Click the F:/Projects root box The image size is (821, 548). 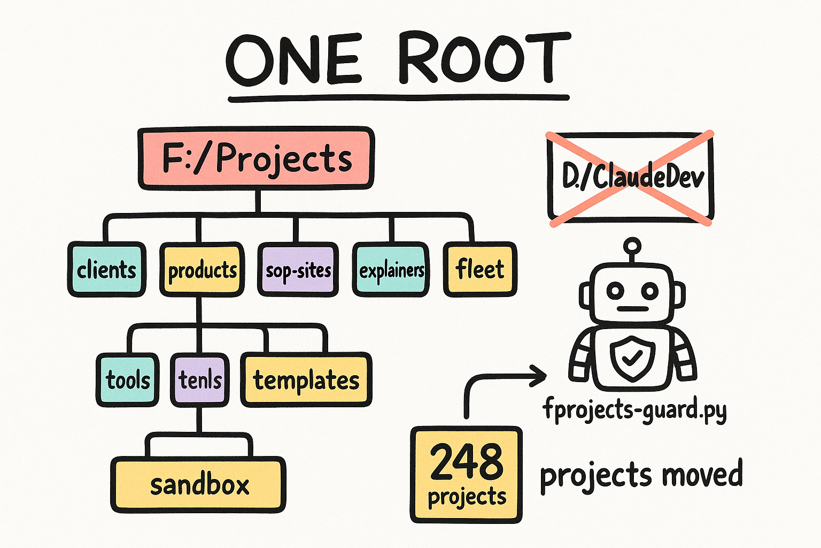(x=256, y=158)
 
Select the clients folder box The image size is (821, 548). (x=107, y=269)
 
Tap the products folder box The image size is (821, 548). (x=202, y=269)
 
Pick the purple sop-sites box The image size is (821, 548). (x=298, y=269)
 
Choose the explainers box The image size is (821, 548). (x=391, y=269)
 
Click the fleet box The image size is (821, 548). (x=480, y=269)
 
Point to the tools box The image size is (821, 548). (x=128, y=380)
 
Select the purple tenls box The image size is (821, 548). (x=200, y=380)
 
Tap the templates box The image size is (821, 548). (x=306, y=380)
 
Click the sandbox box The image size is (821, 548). (x=198, y=485)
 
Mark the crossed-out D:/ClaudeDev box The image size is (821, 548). (x=630, y=178)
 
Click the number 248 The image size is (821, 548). (x=467, y=462)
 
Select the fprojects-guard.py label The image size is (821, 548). (x=634, y=410)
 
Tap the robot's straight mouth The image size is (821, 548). (x=633, y=309)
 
